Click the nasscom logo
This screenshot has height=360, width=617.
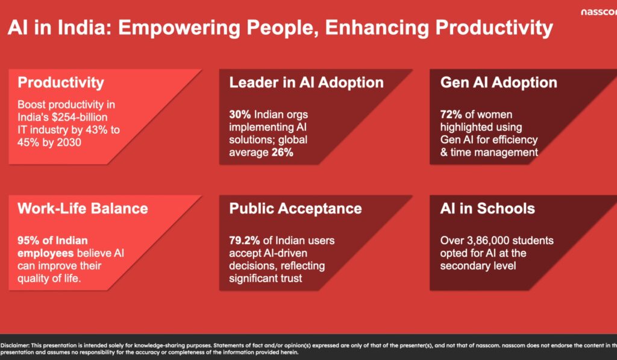(x=599, y=11)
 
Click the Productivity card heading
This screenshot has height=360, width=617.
(x=61, y=83)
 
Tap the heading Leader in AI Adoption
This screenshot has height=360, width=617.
(x=306, y=83)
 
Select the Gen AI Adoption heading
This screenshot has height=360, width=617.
(x=498, y=83)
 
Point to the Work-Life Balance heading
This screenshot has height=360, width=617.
(x=83, y=209)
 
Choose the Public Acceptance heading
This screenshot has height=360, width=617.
(x=295, y=209)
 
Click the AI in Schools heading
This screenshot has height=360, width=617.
(x=487, y=209)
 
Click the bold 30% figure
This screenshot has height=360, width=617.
(x=239, y=114)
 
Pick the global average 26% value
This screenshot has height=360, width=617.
(x=281, y=153)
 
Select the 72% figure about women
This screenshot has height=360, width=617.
(x=451, y=114)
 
